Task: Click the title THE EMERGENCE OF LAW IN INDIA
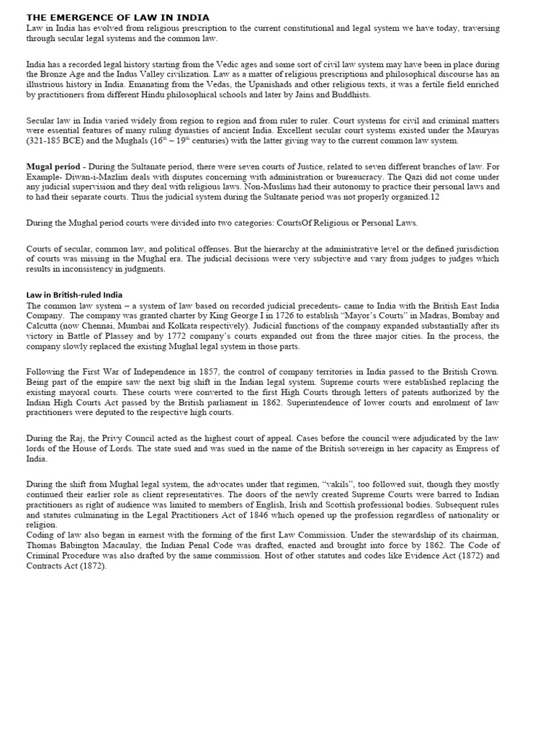[x=118, y=17]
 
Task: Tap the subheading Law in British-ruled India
[x=74, y=295]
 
